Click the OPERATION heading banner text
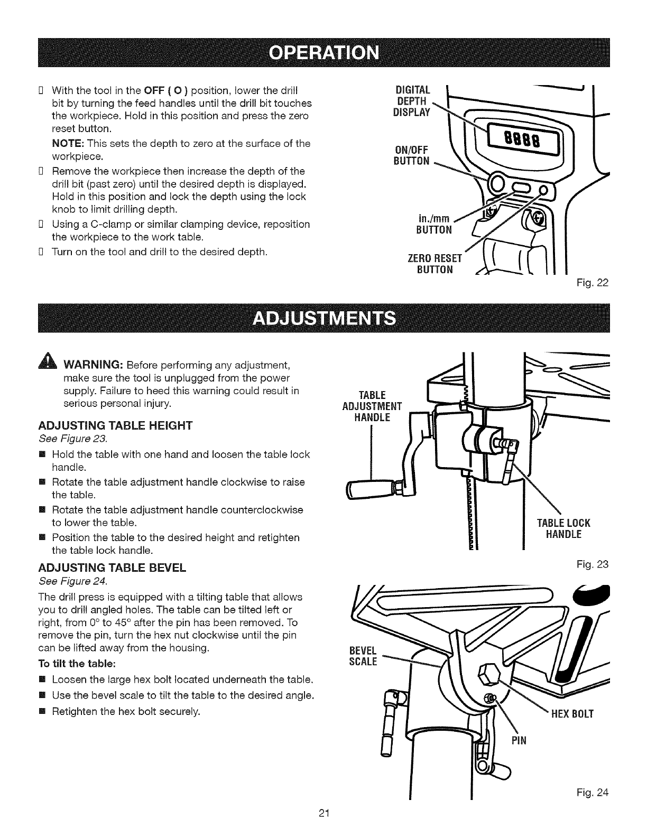[324, 53]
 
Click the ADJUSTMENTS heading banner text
[324, 319]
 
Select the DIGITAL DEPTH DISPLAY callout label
[413, 100]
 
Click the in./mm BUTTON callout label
[435, 224]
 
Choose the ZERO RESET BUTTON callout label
[435, 264]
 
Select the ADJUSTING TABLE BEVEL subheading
[112, 568]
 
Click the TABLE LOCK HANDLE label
[563, 528]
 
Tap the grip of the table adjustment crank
[369, 489]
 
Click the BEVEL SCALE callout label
[363, 656]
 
